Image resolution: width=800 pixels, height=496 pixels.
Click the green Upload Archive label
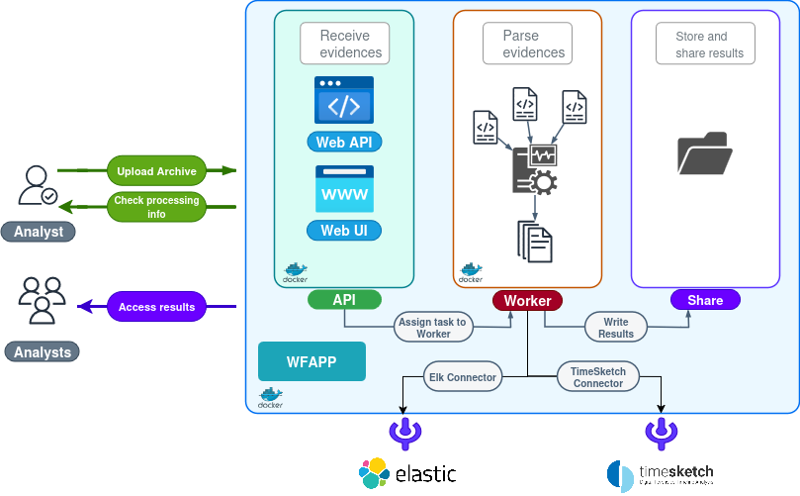(x=156, y=171)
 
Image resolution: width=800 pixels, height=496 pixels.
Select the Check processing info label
(x=156, y=206)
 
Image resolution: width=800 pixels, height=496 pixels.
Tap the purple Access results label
(x=156, y=307)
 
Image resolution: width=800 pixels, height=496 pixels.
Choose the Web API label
(x=343, y=143)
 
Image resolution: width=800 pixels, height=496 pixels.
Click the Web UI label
(x=343, y=231)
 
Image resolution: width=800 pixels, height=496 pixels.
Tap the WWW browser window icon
(x=344, y=189)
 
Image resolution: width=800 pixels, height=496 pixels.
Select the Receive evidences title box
(x=344, y=44)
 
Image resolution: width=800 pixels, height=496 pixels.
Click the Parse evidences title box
(x=527, y=44)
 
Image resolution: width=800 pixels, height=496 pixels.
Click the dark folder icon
(x=705, y=154)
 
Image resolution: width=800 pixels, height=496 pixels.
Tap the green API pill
(x=343, y=300)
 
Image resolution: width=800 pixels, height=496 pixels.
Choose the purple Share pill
(x=705, y=300)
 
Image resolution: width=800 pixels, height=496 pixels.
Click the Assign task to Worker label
(x=433, y=328)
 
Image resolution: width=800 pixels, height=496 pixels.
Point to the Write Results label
(x=615, y=328)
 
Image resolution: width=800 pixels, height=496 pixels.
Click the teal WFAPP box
(x=311, y=361)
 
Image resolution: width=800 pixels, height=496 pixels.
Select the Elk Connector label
(x=462, y=377)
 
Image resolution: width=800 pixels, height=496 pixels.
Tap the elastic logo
(x=408, y=474)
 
